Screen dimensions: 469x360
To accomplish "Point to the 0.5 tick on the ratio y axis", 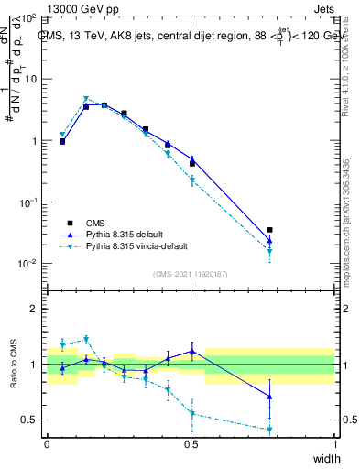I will [29, 420].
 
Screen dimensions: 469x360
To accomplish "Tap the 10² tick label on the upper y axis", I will [29, 17].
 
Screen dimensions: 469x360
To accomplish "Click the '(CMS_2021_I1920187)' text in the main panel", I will [191, 274].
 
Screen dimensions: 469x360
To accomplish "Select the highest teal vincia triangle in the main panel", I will [86, 99].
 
